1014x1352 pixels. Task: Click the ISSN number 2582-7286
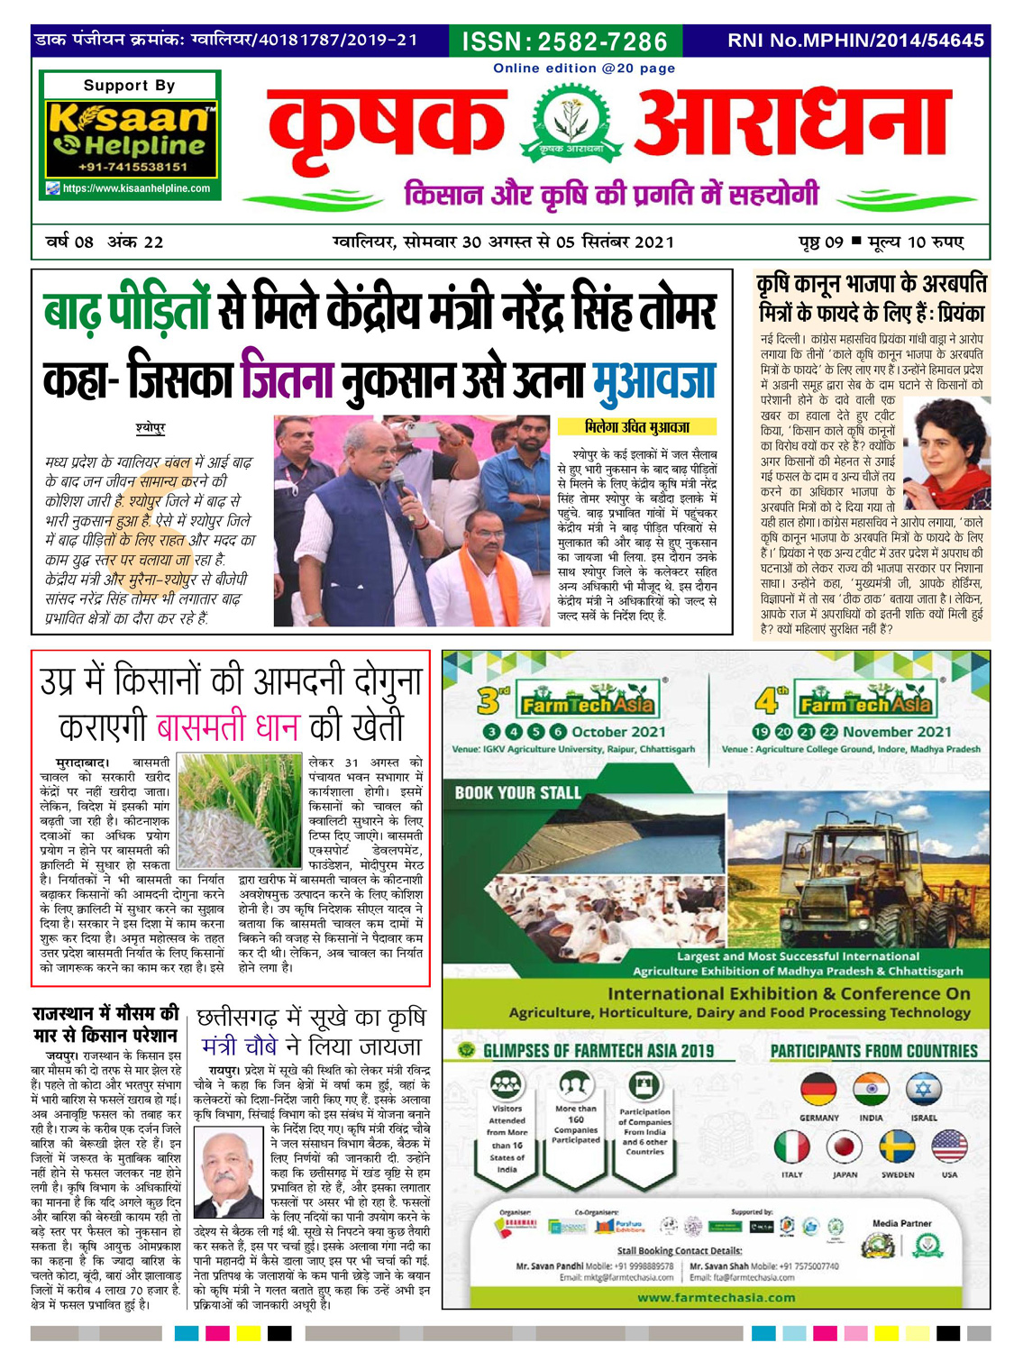(x=565, y=41)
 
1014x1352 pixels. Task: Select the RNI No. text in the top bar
(x=855, y=41)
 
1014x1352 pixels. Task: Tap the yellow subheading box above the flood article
(x=636, y=427)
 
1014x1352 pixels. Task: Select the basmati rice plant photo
(x=239, y=810)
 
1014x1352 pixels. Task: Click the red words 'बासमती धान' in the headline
(x=229, y=727)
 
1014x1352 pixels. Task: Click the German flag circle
(x=818, y=1091)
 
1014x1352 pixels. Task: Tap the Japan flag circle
(x=845, y=1147)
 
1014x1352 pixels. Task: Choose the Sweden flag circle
(x=897, y=1147)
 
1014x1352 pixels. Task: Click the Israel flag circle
(x=923, y=1091)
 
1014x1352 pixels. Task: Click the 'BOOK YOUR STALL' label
(x=517, y=793)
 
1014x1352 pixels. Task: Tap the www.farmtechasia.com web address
(x=716, y=1298)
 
